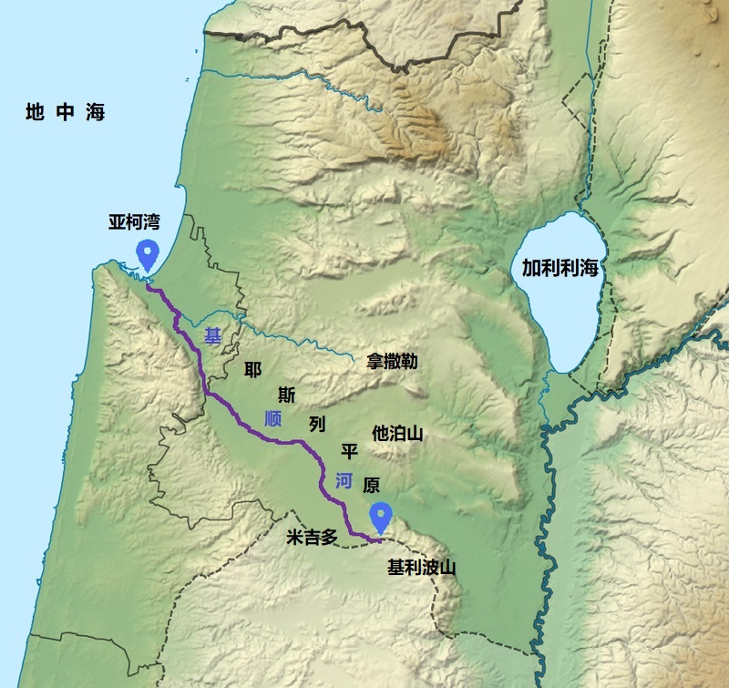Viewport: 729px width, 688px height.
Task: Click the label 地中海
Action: pyautogui.click(x=66, y=113)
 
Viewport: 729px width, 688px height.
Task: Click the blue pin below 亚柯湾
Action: pyautogui.click(x=146, y=255)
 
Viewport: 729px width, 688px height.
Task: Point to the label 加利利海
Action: pyautogui.click(x=559, y=268)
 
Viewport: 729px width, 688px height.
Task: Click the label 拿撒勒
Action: pyautogui.click(x=392, y=361)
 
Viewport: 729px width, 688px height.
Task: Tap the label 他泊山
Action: pyautogui.click(x=398, y=433)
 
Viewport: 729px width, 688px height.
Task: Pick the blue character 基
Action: pyautogui.click(x=212, y=336)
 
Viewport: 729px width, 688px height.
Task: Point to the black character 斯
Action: pyautogui.click(x=287, y=395)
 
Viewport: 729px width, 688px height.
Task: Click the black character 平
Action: pyautogui.click(x=348, y=450)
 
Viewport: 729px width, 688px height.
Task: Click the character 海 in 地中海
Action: pyautogui.click(x=95, y=113)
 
